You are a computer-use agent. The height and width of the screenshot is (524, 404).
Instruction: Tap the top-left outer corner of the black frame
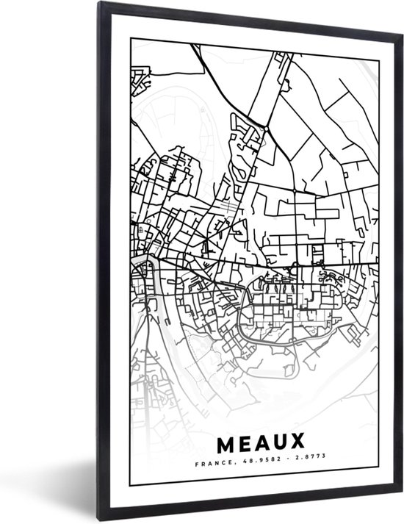tap(98, 2)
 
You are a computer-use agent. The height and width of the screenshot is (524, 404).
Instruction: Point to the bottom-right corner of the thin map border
tap(379, 486)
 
